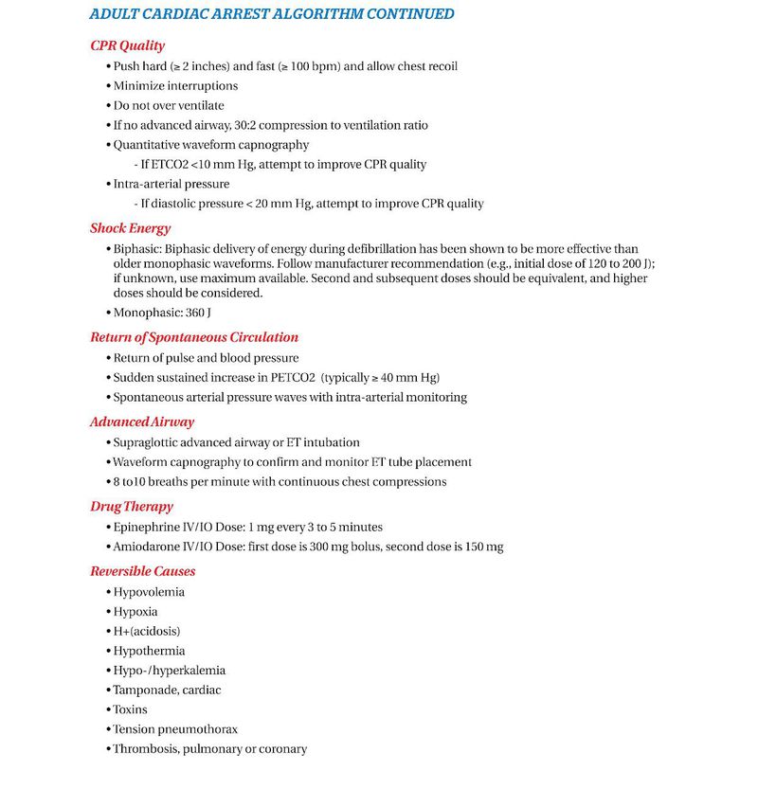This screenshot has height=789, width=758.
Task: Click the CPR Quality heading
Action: coord(127,45)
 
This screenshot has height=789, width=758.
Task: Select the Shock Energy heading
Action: coord(131,228)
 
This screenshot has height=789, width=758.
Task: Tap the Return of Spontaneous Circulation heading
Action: coord(194,337)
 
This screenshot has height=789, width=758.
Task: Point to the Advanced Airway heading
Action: coord(142,422)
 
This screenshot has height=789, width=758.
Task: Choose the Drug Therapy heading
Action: coord(132,507)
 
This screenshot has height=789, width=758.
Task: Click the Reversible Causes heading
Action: coord(143,571)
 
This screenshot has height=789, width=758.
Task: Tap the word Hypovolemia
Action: coord(149,592)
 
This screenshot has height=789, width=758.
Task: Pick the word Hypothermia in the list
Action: coord(149,651)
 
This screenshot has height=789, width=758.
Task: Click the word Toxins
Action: coord(131,709)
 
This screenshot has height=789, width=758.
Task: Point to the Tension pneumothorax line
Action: coord(175,729)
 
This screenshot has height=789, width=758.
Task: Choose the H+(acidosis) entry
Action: coord(147,631)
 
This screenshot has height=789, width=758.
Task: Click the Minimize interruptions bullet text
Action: coord(175,86)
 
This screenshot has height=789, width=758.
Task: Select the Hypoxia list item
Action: coord(135,612)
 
